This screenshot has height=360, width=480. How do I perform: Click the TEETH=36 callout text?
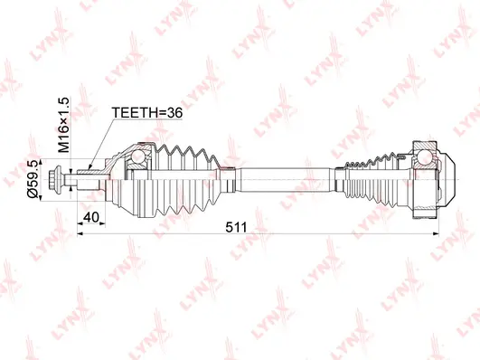pos(148,113)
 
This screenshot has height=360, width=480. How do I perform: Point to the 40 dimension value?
pos(92,217)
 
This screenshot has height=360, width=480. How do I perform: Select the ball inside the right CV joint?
pos(425,162)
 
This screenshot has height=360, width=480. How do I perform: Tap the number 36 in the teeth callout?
pos(176,113)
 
